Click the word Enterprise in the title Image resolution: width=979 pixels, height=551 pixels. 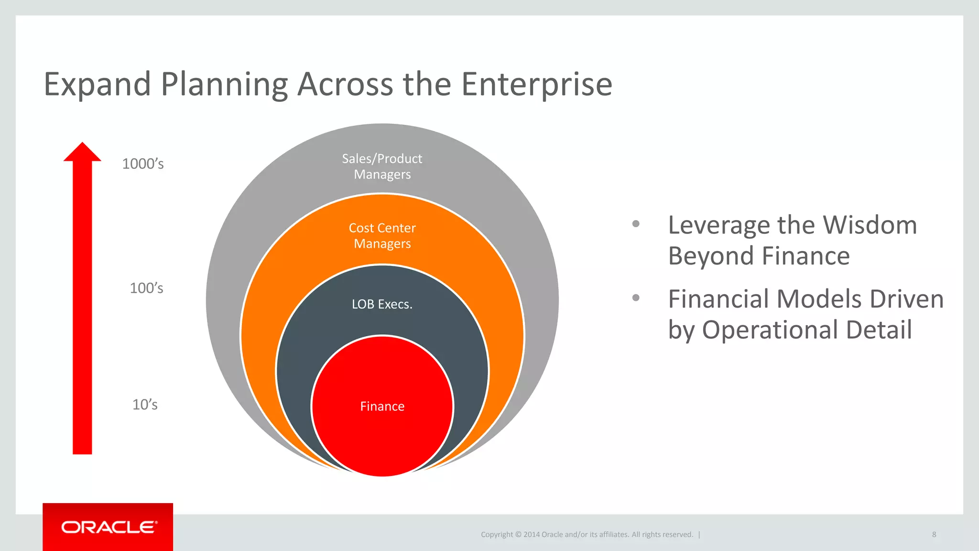536,85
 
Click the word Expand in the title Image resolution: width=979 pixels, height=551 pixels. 98,85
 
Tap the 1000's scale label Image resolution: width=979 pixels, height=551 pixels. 143,164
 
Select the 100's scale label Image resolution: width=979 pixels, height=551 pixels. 146,288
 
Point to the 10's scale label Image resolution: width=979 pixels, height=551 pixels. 145,405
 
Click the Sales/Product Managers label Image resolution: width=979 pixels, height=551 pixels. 382,166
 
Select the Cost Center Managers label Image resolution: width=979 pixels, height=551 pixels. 382,236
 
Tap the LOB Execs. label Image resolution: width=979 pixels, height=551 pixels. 382,304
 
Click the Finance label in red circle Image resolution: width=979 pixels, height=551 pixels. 382,407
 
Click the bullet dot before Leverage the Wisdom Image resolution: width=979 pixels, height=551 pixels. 636,224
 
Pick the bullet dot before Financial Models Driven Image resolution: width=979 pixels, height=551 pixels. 636,298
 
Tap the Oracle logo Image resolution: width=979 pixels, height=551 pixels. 109,527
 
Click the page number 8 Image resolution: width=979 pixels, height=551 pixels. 934,534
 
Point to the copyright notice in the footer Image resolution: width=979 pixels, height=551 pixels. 587,534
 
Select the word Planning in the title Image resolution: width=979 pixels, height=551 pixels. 224,85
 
